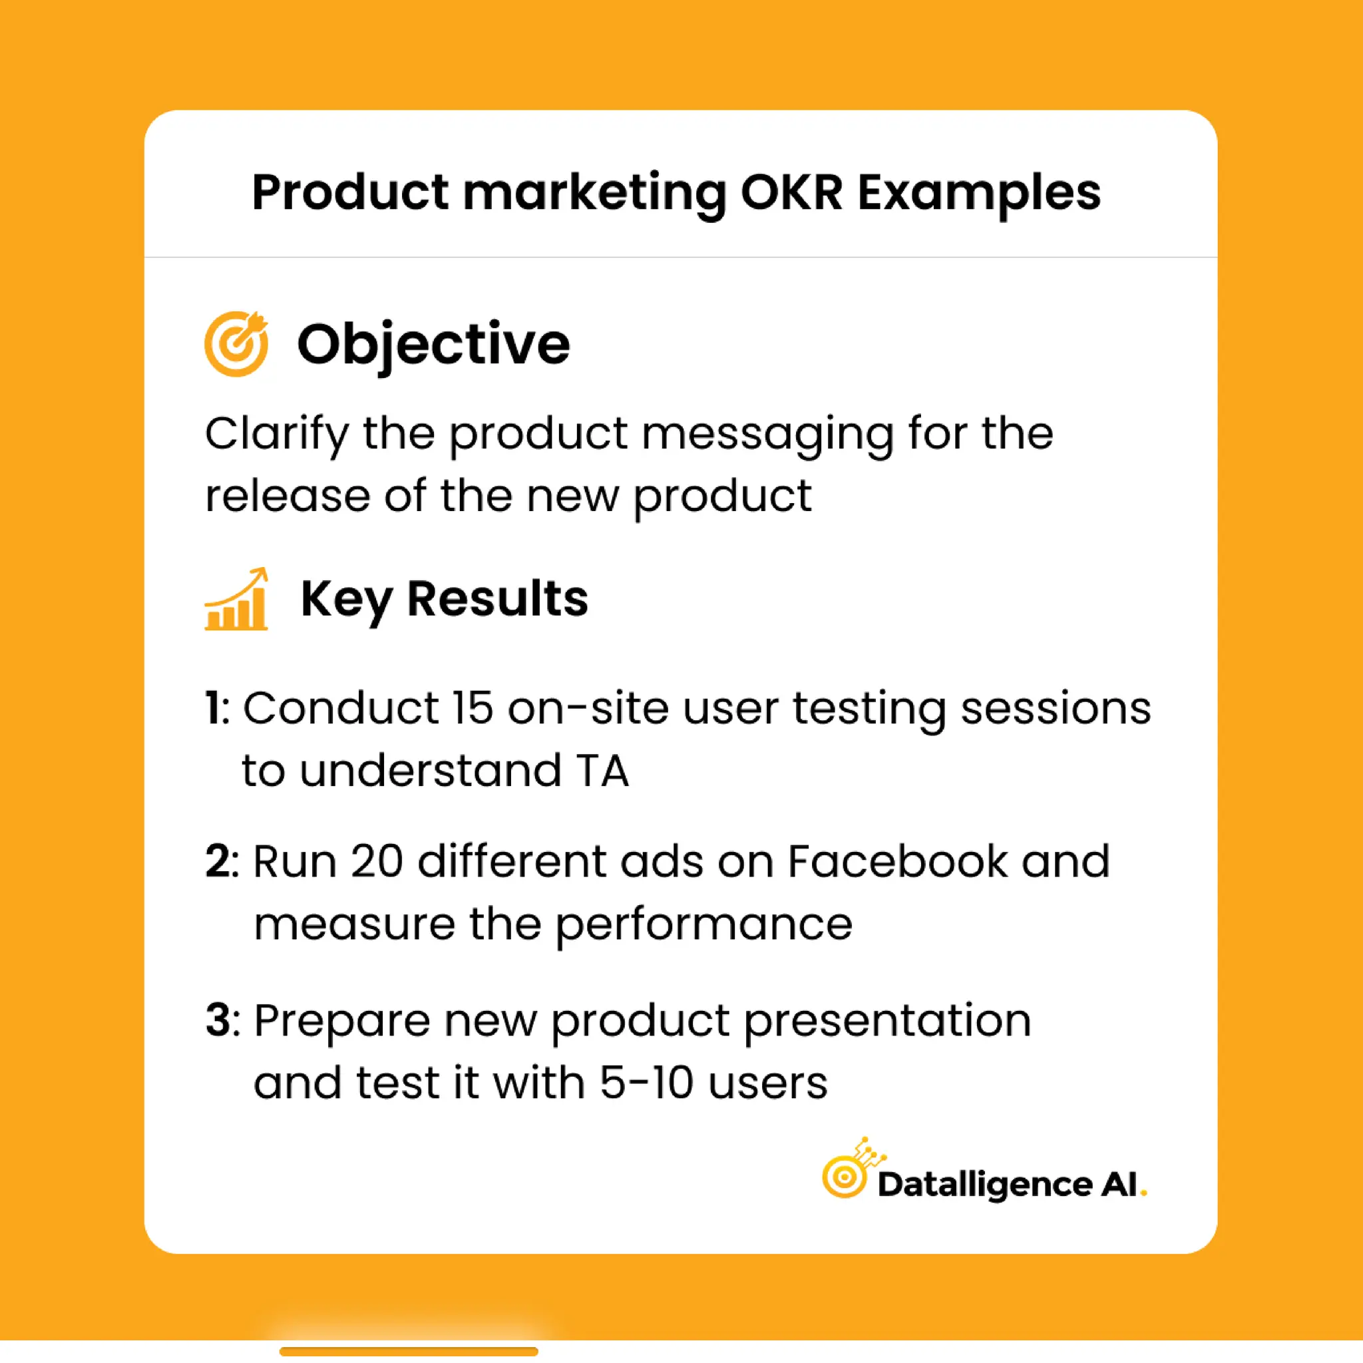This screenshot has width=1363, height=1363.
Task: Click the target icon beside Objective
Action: point(236,343)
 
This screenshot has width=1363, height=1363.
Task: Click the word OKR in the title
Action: point(791,192)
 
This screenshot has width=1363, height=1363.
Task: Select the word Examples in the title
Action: point(979,193)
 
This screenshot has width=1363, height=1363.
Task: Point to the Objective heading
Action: point(433,344)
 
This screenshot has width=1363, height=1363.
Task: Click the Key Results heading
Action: point(444,599)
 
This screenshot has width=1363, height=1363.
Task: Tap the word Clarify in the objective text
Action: point(277,434)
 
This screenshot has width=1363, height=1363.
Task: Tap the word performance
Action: point(703,924)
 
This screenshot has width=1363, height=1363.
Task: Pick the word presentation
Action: point(888,1022)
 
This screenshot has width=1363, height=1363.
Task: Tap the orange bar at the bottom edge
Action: point(409,1351)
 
